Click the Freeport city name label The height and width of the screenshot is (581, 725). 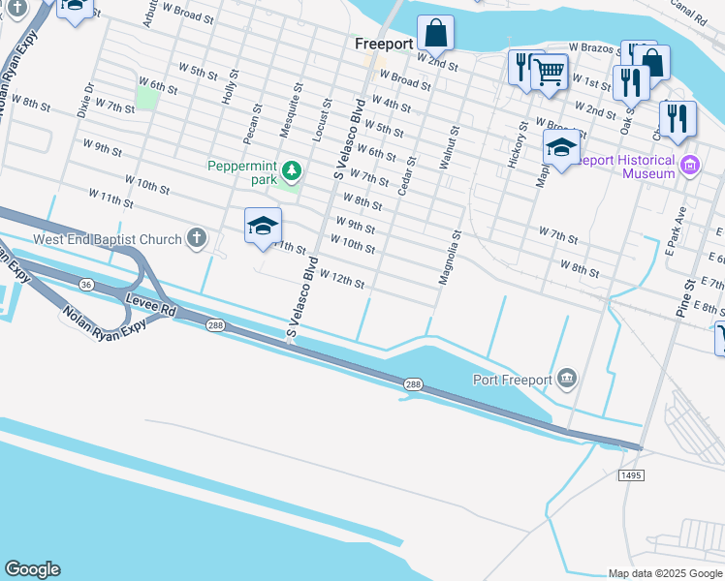[384, 45]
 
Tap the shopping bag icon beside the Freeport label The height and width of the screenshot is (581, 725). [437, 34]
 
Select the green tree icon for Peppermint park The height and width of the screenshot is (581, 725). [291, 172]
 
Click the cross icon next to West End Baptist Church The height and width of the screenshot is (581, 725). [197, 238]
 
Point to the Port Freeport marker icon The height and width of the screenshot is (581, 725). [567, 379]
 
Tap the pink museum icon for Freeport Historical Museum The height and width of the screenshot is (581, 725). [690, 166]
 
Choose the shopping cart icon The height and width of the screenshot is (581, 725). [550, 70]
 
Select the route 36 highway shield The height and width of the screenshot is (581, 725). [87, 285]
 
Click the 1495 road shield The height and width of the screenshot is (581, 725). [630, 474]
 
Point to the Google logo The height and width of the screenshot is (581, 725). [32, 569]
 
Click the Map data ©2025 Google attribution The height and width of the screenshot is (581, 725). [665, 573]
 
